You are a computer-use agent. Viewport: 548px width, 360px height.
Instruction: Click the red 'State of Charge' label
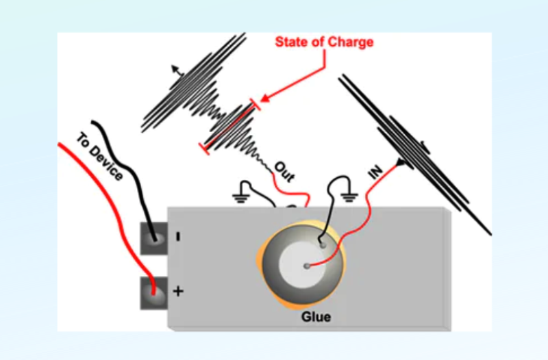click(324, 42)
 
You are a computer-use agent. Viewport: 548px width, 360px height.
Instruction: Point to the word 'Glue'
click(316, 318)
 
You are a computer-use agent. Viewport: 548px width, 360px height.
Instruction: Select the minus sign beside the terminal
click(177, 237)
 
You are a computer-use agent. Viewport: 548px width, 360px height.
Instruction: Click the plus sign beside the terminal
click(178, 292)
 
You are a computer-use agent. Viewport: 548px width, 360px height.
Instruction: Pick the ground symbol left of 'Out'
click(240, 197)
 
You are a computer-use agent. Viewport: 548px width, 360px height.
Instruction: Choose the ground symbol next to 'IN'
click(349, 198)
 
